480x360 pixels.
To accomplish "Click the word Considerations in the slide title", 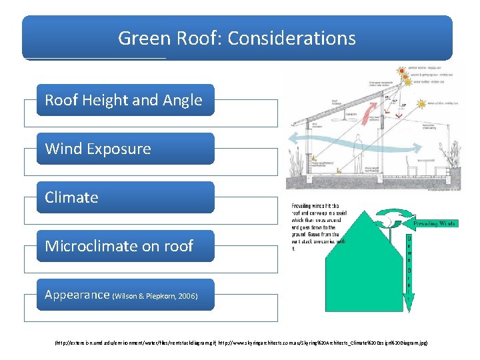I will [291, 38].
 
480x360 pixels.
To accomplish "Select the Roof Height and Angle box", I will [125, 100].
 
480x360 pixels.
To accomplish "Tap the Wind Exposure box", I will [125, 149].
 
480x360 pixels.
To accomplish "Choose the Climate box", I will [125, 197].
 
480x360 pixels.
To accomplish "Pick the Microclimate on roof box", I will [125, 246].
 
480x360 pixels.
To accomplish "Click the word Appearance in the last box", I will [77, 295].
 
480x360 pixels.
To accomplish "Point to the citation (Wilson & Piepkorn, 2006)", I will [155, 296].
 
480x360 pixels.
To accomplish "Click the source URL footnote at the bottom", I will [239, 343].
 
